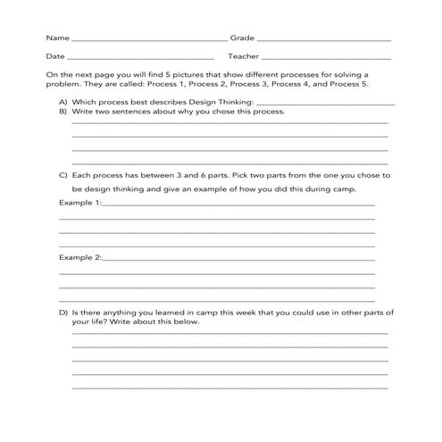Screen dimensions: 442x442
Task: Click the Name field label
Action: (56, 38)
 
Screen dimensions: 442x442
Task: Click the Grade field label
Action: (242, 38)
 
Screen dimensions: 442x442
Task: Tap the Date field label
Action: (55, 57)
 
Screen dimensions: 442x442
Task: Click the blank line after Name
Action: (147, 41)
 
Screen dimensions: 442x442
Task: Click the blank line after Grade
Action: (323, 41)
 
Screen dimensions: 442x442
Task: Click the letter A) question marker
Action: (63, 104)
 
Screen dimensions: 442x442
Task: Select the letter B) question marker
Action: (63, 113)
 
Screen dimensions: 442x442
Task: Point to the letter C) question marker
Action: (63, 176)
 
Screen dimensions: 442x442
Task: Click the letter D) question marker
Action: (63, 313)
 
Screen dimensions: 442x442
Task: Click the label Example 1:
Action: (80, 203)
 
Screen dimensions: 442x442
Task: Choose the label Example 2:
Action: (80, 257)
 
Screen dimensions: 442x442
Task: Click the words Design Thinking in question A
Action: (201, 104)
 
